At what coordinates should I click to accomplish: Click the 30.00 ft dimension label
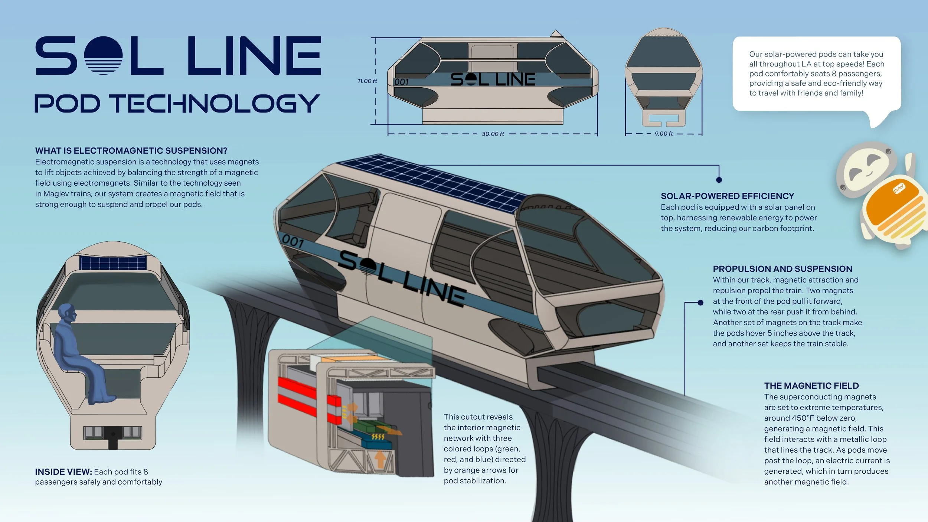pos(493,134)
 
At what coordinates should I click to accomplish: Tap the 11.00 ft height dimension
pos(367,81)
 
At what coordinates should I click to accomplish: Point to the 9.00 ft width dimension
pos(664,134)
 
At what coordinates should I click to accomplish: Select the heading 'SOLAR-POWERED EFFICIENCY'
pos(728,196)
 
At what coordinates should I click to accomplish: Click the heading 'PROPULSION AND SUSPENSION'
pos(782,269)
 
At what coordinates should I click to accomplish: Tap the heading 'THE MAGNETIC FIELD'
pos(811,386)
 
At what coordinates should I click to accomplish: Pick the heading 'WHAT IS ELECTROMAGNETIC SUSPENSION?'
pos(131,151)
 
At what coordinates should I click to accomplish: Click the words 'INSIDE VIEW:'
pos(63,472)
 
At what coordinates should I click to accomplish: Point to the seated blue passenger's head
pos(67,314)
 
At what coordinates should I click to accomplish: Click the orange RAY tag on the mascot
pos(899,189)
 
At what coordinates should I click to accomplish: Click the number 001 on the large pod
pos(293,242)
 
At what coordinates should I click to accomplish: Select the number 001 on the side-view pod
pos(402,82)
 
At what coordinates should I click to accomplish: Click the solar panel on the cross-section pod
pos(113,262)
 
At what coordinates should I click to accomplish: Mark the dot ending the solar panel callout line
pos(719,180)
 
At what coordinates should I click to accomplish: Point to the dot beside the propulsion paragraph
pos(700,303)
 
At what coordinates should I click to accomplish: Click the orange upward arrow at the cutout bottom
pos(380,459)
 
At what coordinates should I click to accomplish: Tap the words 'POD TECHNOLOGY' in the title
pos(177,103)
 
